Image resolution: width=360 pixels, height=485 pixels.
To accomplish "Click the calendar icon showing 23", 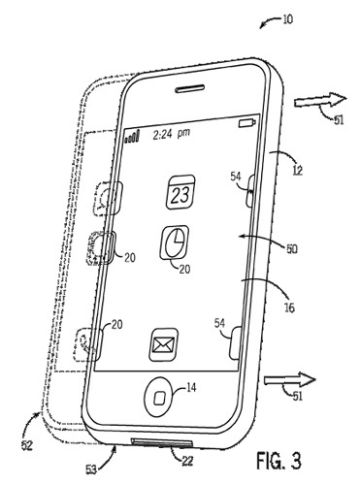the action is coord(180,192).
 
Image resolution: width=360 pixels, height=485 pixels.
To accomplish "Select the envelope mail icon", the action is coord(164,344).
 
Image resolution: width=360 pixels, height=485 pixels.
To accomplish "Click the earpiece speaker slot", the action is coord(190,89).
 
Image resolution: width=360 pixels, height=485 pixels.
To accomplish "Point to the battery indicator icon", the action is coord(247,123).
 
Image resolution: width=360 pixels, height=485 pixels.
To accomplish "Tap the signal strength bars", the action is coord(132,137).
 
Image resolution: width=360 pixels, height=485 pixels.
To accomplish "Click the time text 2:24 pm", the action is coord(172,134).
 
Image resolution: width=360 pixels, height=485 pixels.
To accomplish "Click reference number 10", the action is coord(287,19).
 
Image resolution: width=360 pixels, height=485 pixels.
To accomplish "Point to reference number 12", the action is coord(297,170).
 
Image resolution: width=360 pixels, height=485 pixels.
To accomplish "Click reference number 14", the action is coord(191,387).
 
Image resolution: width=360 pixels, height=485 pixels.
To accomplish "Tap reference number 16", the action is coord(289,307).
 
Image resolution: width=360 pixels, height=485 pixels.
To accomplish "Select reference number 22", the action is coord(187,461).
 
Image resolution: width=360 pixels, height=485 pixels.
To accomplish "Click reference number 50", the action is coord(291,249).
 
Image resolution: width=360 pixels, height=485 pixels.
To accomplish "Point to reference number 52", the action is coord(26,445).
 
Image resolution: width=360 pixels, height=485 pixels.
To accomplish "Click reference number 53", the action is coord(91,469).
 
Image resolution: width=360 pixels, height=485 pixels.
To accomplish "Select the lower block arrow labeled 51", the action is coord(290,380).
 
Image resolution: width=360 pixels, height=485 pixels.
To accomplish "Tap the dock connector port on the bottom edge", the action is coord(162,443).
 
